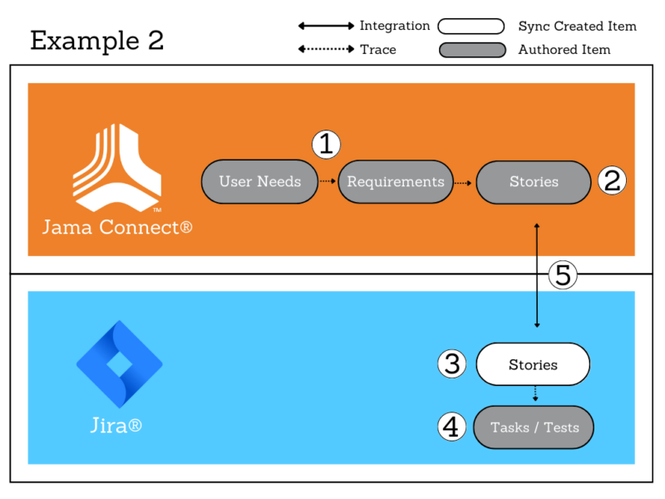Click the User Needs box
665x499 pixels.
tap(260, 181)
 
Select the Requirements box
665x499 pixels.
tap(396, 181)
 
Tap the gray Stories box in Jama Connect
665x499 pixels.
tap(534, 181)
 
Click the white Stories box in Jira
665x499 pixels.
tap(533, 364)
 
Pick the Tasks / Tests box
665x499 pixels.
tap(534, 427)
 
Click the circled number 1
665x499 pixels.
tap(327, 145)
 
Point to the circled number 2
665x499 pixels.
tap(612, 180)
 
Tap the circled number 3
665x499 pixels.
tap(452, 364)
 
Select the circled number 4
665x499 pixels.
tap(452, 427)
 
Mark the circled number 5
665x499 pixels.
tap(564, 274)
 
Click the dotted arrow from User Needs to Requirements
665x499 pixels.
tap(328, 181)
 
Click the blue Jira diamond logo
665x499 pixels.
tap(119, 363)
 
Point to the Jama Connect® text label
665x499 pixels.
tap(117, 226)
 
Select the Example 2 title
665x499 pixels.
tap(96, 40)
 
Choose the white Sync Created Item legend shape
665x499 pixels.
tap(471, 26)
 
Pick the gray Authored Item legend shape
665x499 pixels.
tap(471, 50)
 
